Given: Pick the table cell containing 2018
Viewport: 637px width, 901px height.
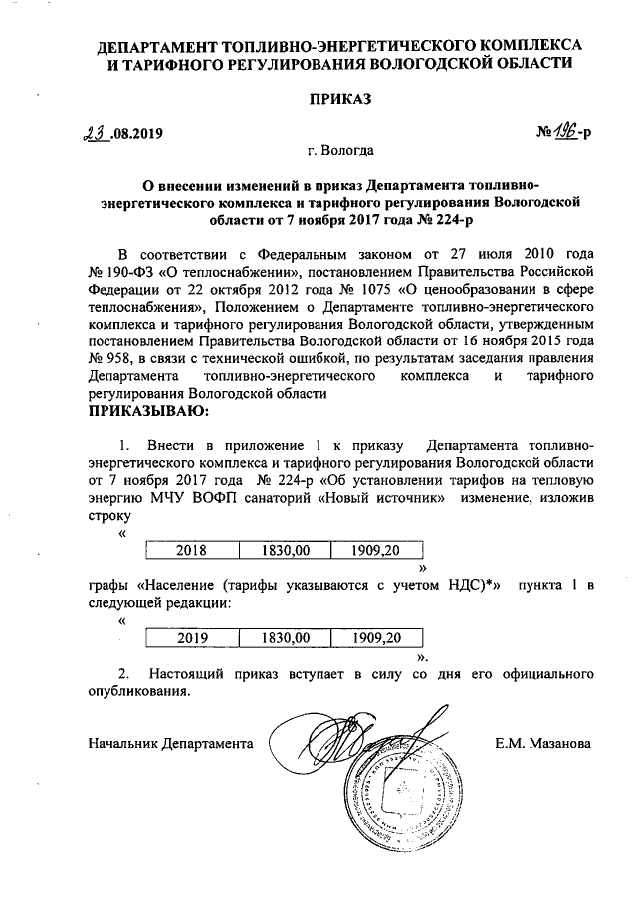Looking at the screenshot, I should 192,549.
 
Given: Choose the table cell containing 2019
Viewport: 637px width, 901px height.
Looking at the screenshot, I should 192,637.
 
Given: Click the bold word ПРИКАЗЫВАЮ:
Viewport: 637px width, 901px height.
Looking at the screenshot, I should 148,410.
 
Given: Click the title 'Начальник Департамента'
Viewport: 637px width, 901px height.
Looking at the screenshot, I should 170,743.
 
